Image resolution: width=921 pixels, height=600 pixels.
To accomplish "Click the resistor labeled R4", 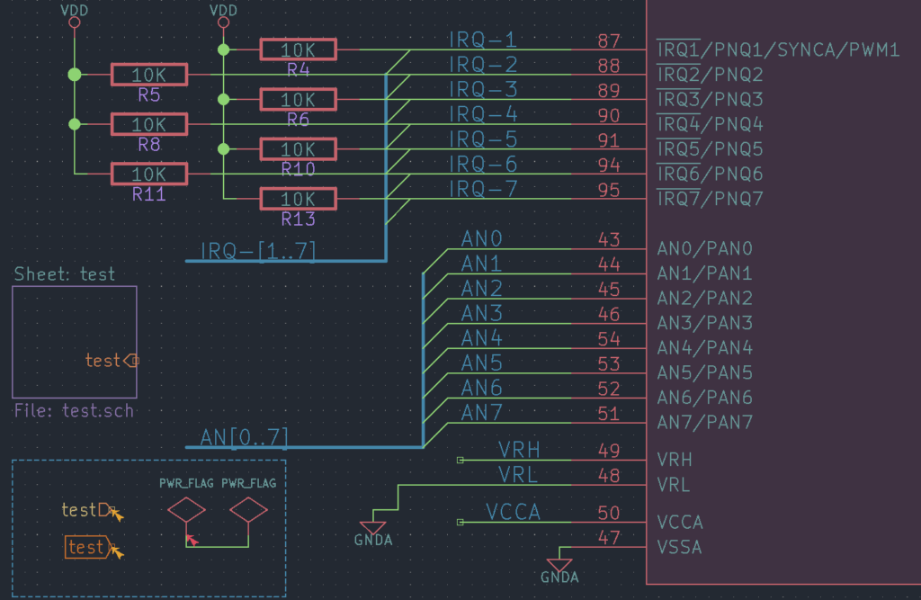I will [298, 49].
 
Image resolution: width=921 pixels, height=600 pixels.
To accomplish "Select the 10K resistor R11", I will [148, 174].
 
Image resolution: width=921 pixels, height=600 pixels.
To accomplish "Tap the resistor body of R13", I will [298, 198].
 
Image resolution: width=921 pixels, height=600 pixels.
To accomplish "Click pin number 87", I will [609, 41].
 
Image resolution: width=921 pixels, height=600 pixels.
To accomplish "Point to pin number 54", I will [609, 338].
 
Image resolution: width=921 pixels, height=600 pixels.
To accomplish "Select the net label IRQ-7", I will [483, 189].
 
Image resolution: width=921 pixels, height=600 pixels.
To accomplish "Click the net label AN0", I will [481, 239].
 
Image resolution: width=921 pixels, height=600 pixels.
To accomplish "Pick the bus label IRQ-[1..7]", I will [258, 251].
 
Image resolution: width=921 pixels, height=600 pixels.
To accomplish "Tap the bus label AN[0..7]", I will [245, 437].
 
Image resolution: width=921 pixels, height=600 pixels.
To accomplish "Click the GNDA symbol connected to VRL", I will [372, 527].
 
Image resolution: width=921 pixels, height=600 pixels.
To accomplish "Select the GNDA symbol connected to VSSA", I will [559, 565].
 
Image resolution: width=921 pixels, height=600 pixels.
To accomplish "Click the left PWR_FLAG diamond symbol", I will [187, 511].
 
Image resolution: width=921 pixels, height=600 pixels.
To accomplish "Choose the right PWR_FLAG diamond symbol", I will [248, 511].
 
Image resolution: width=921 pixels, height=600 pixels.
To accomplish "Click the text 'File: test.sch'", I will [74, 411].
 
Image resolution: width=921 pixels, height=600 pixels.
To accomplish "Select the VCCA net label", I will [514, 513].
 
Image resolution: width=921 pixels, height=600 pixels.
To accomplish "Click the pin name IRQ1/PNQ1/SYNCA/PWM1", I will [778, 50].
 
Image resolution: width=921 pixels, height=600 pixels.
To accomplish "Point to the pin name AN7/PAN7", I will [704, 422].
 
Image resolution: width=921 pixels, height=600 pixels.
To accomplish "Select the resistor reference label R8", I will [148, 144].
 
